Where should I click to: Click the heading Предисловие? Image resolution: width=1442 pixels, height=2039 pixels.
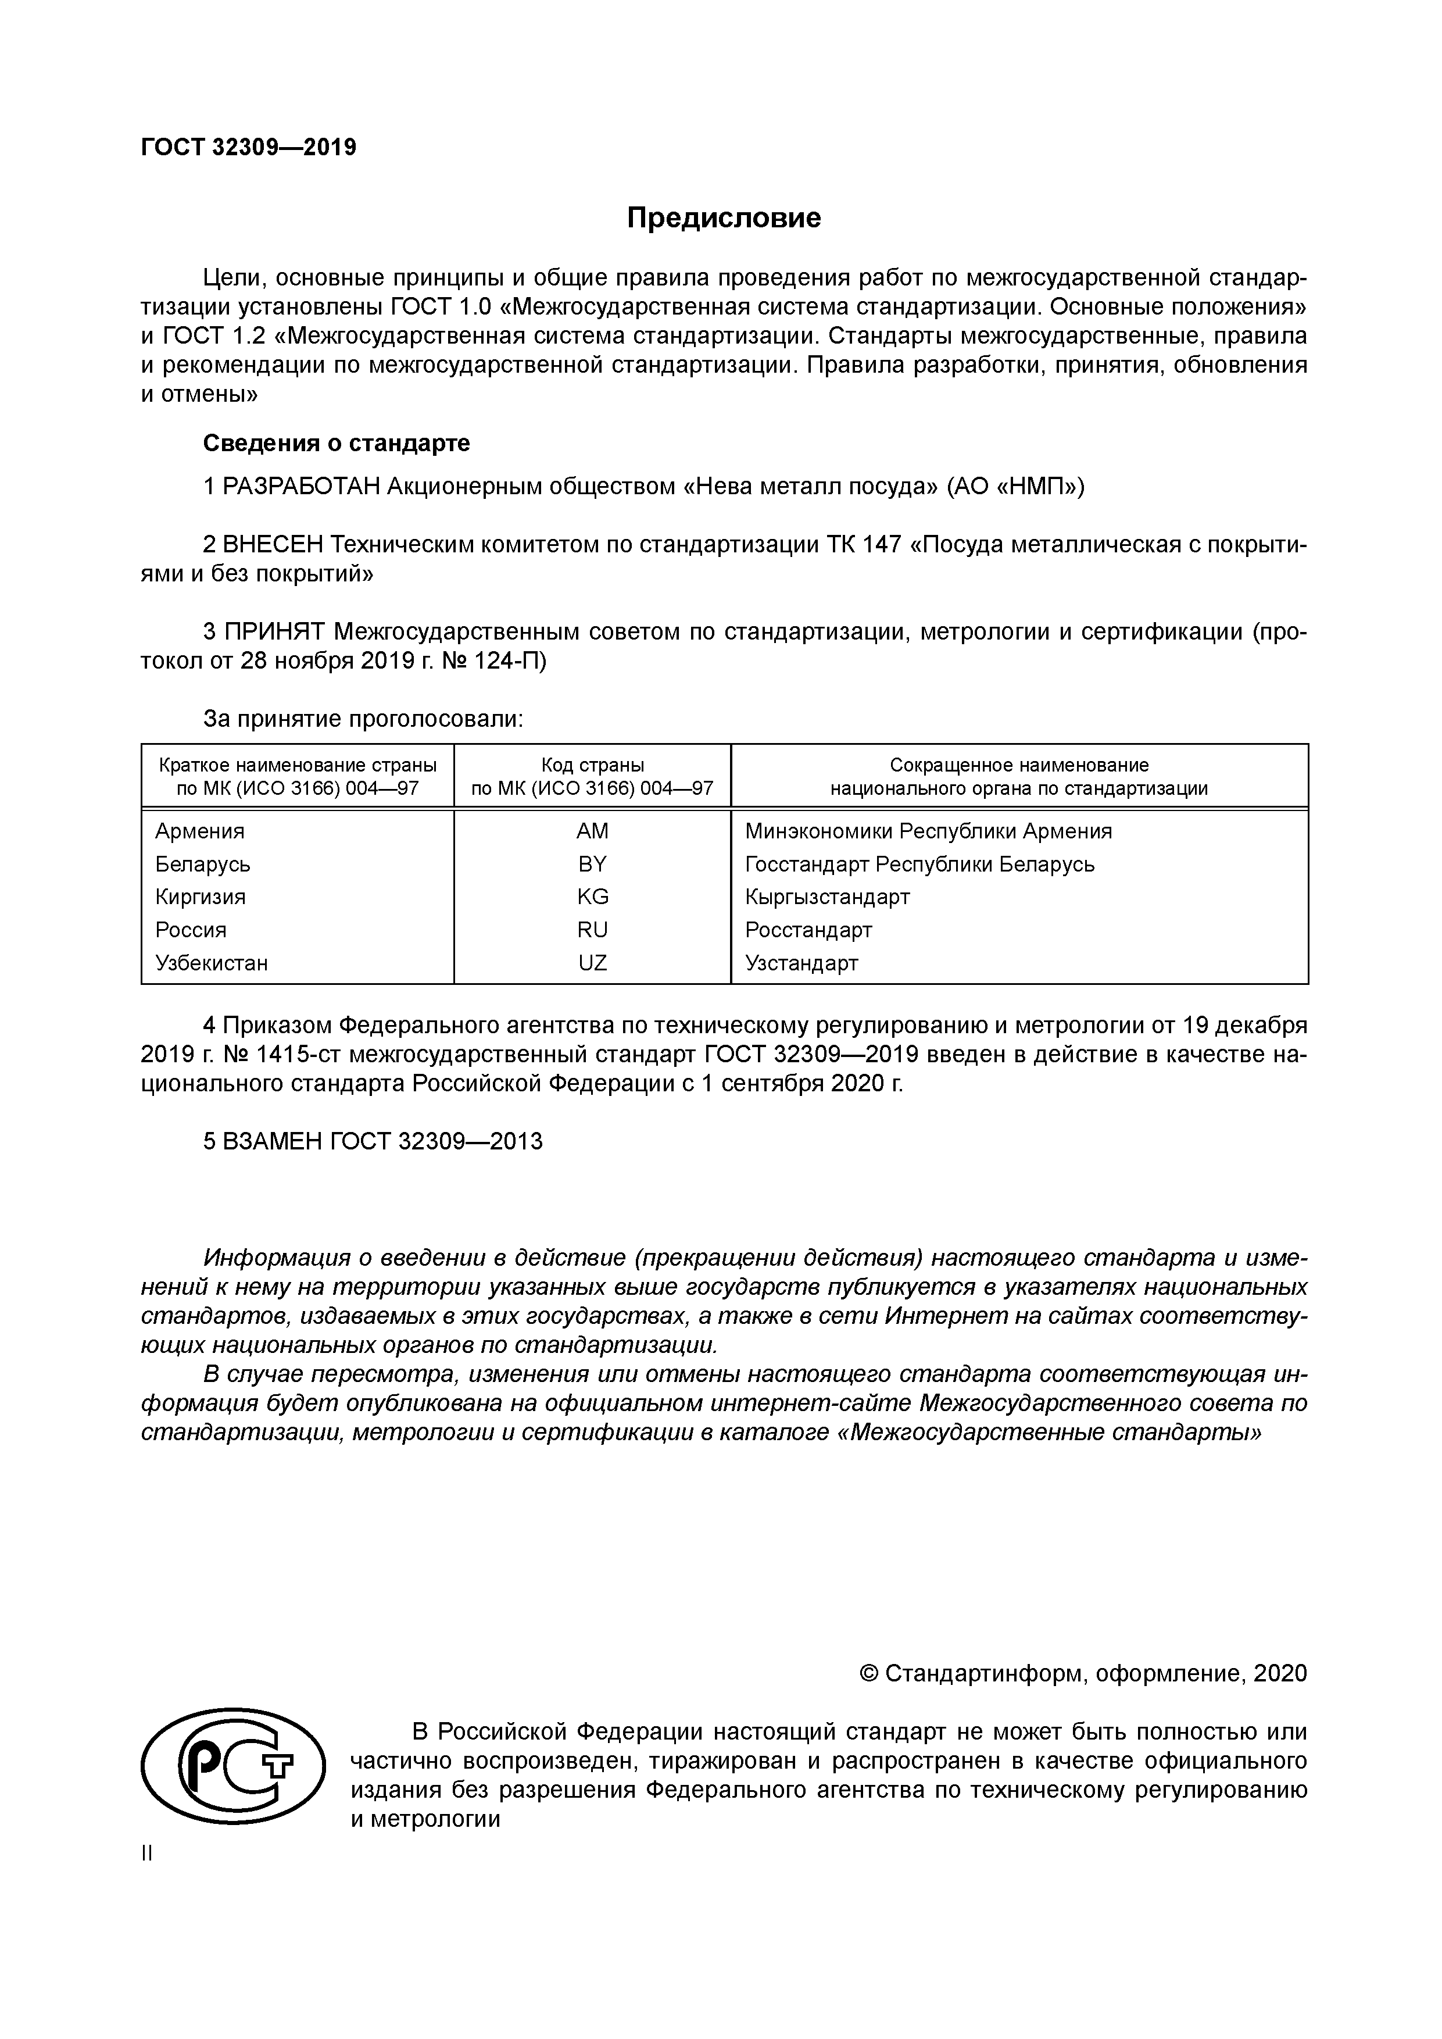724,217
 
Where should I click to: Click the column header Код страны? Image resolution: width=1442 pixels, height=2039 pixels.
592,765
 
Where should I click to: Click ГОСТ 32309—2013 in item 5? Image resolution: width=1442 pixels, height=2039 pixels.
436,1142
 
